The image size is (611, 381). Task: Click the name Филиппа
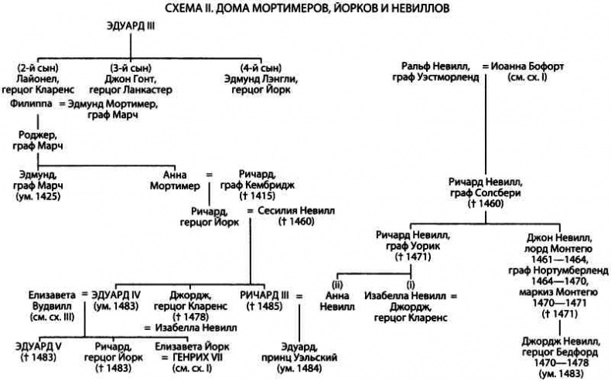point(36,102)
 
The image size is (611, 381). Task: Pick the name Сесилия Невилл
point(288,210)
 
